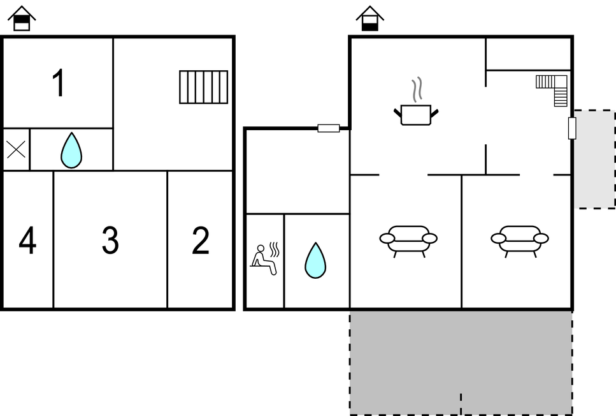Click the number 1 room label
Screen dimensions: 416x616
point(59,84)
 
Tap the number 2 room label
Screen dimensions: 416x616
point(201,241)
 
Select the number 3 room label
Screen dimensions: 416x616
point(110,241)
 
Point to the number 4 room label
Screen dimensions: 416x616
point(27,241)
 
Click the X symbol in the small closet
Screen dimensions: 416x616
point(16,150)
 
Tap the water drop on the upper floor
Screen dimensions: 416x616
point(71,151)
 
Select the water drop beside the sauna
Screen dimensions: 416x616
point(315,260)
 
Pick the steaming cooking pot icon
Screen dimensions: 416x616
point(416,114)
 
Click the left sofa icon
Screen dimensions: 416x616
point(408,240)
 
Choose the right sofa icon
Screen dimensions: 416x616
point(520,240)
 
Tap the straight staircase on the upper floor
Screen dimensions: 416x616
point(203,87)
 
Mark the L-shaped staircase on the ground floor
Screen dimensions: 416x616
point(554,87)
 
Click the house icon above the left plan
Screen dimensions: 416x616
point(22,19)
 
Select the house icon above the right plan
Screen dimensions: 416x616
point(369,19)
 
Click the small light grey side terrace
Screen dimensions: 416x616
point(594,159)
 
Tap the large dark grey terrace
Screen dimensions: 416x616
point(461,362)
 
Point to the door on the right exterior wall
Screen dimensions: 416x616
point(572,128)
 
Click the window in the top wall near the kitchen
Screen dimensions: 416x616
point(329,128)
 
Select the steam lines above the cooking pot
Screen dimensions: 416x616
point(417,90)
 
